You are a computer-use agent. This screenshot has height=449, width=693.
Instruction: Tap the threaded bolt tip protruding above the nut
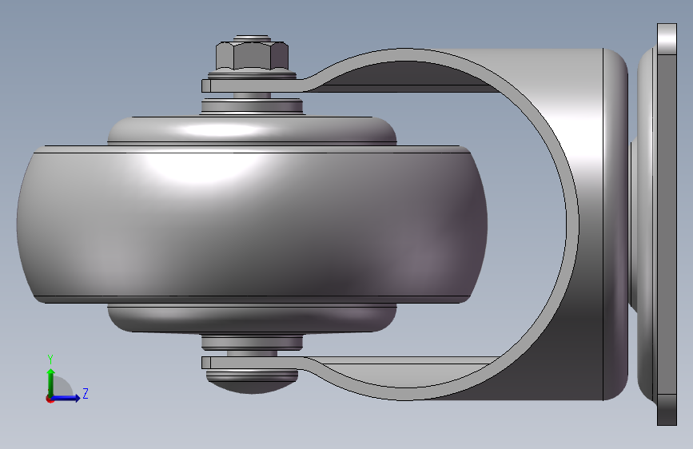pyautogui.click(x=252, y=37)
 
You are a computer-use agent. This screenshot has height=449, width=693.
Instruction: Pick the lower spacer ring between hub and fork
pyautogui.click(x=252, y=342)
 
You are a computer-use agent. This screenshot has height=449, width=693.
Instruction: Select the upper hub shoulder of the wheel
pyautogui.click(x=252, y=131)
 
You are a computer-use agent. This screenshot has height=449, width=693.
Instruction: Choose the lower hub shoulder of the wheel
pyautogui.click(x=252, y=318)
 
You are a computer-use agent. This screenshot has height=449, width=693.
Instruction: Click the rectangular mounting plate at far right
pyautogui.click(x=667, y=224)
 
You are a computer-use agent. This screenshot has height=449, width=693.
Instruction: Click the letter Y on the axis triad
pyautogui.click(x=50, y=359)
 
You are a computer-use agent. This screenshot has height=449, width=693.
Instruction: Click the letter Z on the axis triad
pyautogui.click(x=85, y=394)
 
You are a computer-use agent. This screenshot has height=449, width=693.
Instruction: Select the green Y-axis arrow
pyautogui.click(x=50, y=379)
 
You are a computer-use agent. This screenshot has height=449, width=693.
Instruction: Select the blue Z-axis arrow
pyautogui.click(x=69, y=397)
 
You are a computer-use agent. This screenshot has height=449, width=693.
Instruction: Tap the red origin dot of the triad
pyautogui.click(x=50, y=398)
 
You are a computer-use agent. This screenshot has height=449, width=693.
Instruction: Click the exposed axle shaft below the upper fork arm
pyautogui.click(x=252, y=95)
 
